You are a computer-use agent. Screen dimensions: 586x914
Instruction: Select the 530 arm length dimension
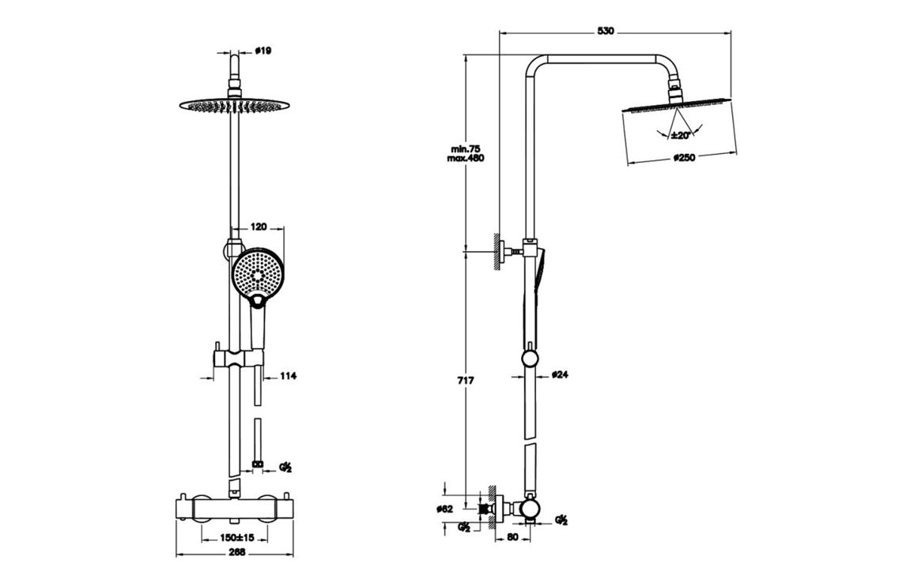[605, 31]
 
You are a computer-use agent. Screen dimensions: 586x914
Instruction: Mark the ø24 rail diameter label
[560, 374]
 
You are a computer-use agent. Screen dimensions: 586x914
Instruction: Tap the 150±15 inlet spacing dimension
[236, 538]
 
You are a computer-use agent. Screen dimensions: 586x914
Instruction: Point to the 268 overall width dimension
[236, 552]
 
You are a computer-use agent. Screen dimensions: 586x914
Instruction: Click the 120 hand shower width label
[257, 227]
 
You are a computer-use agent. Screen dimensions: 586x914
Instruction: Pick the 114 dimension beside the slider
[288, 377]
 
